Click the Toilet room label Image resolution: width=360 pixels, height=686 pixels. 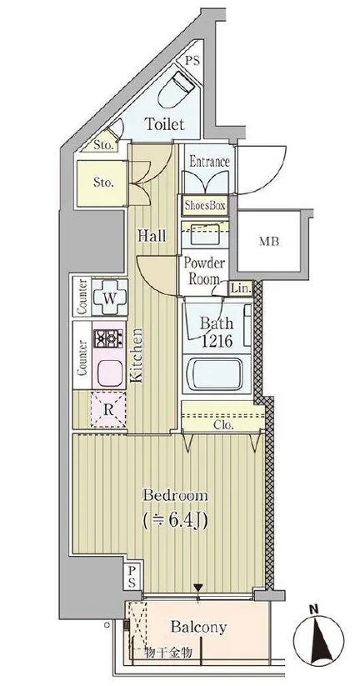[x=164, y=124]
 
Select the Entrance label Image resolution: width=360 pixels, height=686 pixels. [x=209, y=162]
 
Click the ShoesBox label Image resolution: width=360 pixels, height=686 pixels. [x=205, y=205]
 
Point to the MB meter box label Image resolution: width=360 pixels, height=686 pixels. [x=269, y=241]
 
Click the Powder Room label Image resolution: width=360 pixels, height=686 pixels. [x=204, y=271]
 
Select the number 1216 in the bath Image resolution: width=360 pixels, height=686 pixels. [x=217, y=341]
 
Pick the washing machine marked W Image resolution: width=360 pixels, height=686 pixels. [x=110, y=298]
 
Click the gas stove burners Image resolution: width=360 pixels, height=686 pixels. [x=108, y=339]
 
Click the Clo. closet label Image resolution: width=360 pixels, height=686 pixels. [x=223, y=424]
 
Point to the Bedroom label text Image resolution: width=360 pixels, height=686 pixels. [x=175, y=496]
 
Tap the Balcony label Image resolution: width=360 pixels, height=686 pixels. [x=198, y=627]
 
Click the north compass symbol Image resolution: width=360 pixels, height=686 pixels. [x=318, y=637]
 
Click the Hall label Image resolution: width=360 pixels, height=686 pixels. [x=152, y=236]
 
